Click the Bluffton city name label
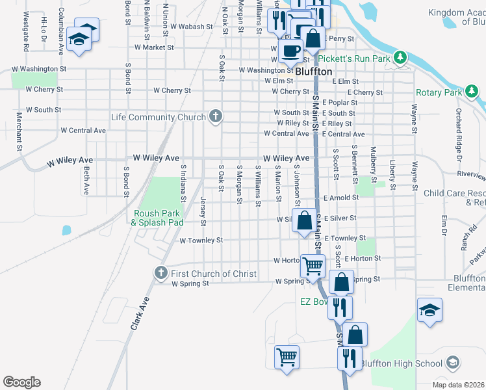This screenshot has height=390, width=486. pyautogui.click(x=314, y=71)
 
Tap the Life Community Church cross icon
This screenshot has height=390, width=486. pyautogui.click(x=216, y=117)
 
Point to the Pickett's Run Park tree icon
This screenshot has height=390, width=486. pyautogui.click(x=401, y=58)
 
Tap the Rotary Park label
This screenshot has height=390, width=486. pyautogui.click(x=438, y=92)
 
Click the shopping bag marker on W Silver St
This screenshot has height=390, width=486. pyautogui.click(x=304, y=220)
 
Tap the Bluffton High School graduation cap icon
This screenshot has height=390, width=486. pyautogui.click(x=454, y=363)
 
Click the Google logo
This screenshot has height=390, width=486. pyautogui.click(x=21, y=382)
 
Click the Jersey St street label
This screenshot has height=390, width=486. pyautogui.click(x=203, y=211)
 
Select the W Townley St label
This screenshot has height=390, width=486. pyautogui.click(x=201, y=240)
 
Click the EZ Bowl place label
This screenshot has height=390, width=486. pyautogui.click(x=316, y=302)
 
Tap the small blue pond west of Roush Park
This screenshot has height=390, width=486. pyautogui.click(x=66, y=229)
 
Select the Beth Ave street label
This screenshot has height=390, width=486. pyautogui.click(x=86, y=179)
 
